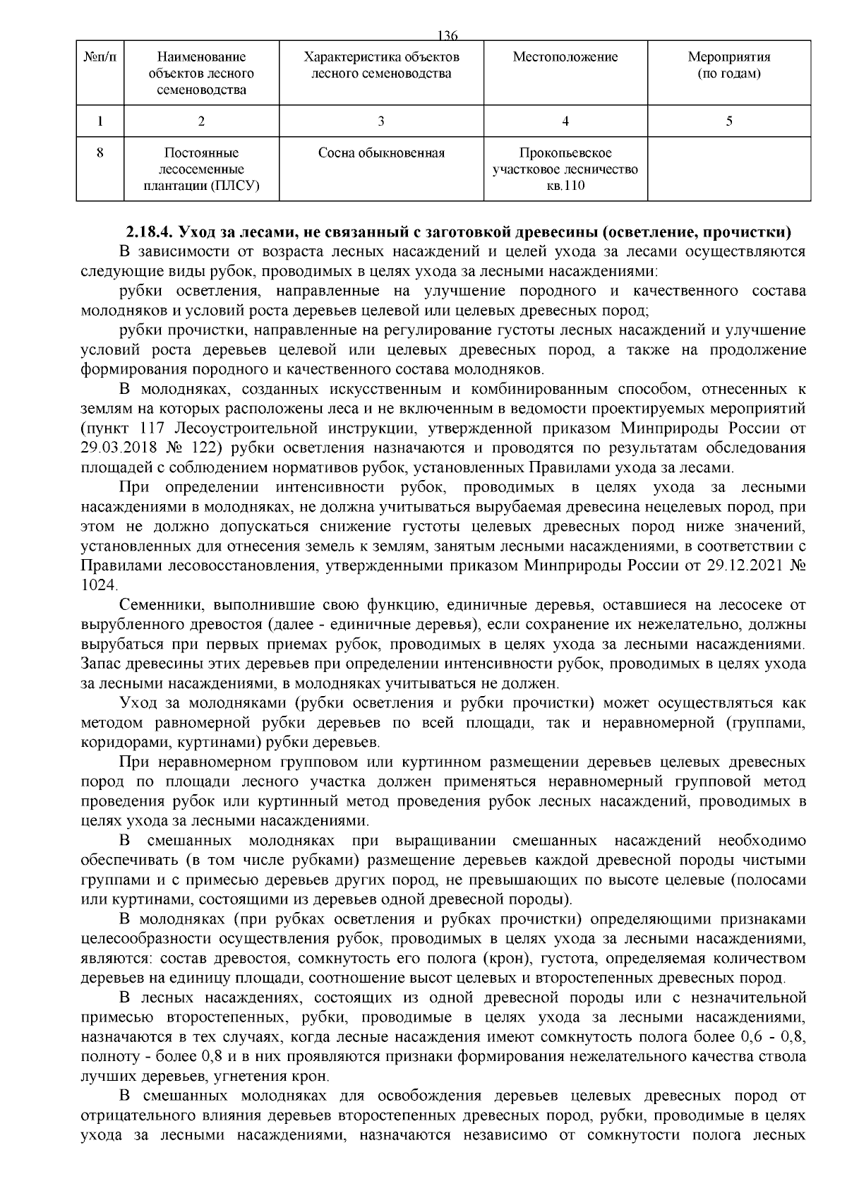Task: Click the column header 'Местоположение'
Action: [x=565, y=57]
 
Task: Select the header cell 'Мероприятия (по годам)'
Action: [x=728, y=65]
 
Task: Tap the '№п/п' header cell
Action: [x=100, y=57]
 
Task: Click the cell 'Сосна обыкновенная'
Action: [x=381, y=153]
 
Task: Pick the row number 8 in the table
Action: [x=100, y=153]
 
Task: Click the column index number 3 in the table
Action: [x=381, y=121]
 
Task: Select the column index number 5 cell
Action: [x=728, y=121]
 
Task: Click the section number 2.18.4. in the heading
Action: [x=150, y=232]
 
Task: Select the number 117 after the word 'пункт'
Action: [x=152, y=429]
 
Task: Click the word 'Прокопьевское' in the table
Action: [x=565, y=153]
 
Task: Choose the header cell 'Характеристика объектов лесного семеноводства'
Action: [x=381, y=65]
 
